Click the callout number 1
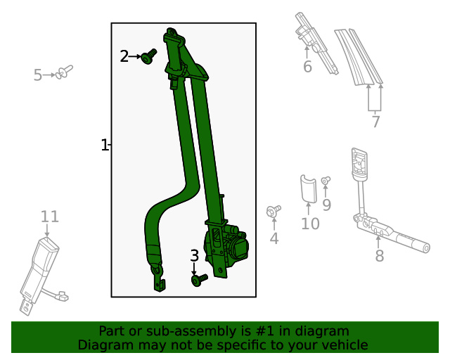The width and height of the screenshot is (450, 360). (x=104, y=146)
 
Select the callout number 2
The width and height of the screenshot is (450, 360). (x=124, y=56)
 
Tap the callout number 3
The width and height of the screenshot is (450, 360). (x=194, y=256)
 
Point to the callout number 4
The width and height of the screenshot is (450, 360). (x=274, y=239)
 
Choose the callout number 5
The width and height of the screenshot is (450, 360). (x=38, y=75)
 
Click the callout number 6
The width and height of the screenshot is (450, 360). (x=307, y=67)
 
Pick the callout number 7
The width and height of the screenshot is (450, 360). (x=375, y=122)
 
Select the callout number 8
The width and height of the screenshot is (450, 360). (x=379, y=255)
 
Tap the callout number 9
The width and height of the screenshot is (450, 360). (x=326, y=205)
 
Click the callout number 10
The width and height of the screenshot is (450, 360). (x=310, y=224)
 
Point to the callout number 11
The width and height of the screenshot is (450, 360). (x=49, y=217)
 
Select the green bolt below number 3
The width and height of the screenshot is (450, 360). (x=198, y=280)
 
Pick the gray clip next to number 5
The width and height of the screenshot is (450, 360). (x=65, y=70)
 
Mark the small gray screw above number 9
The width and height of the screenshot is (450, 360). (x=326, y=181)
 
